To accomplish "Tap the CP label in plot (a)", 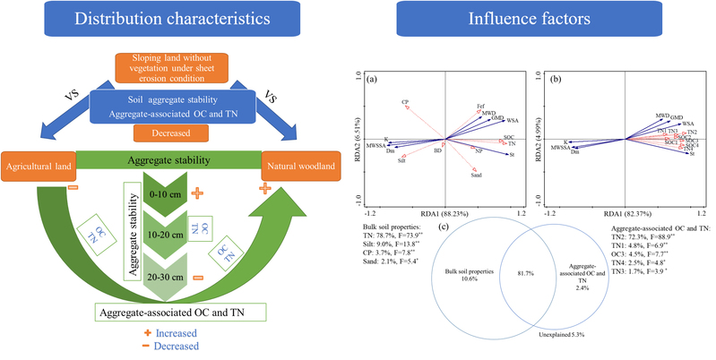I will [x=405, y=104].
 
